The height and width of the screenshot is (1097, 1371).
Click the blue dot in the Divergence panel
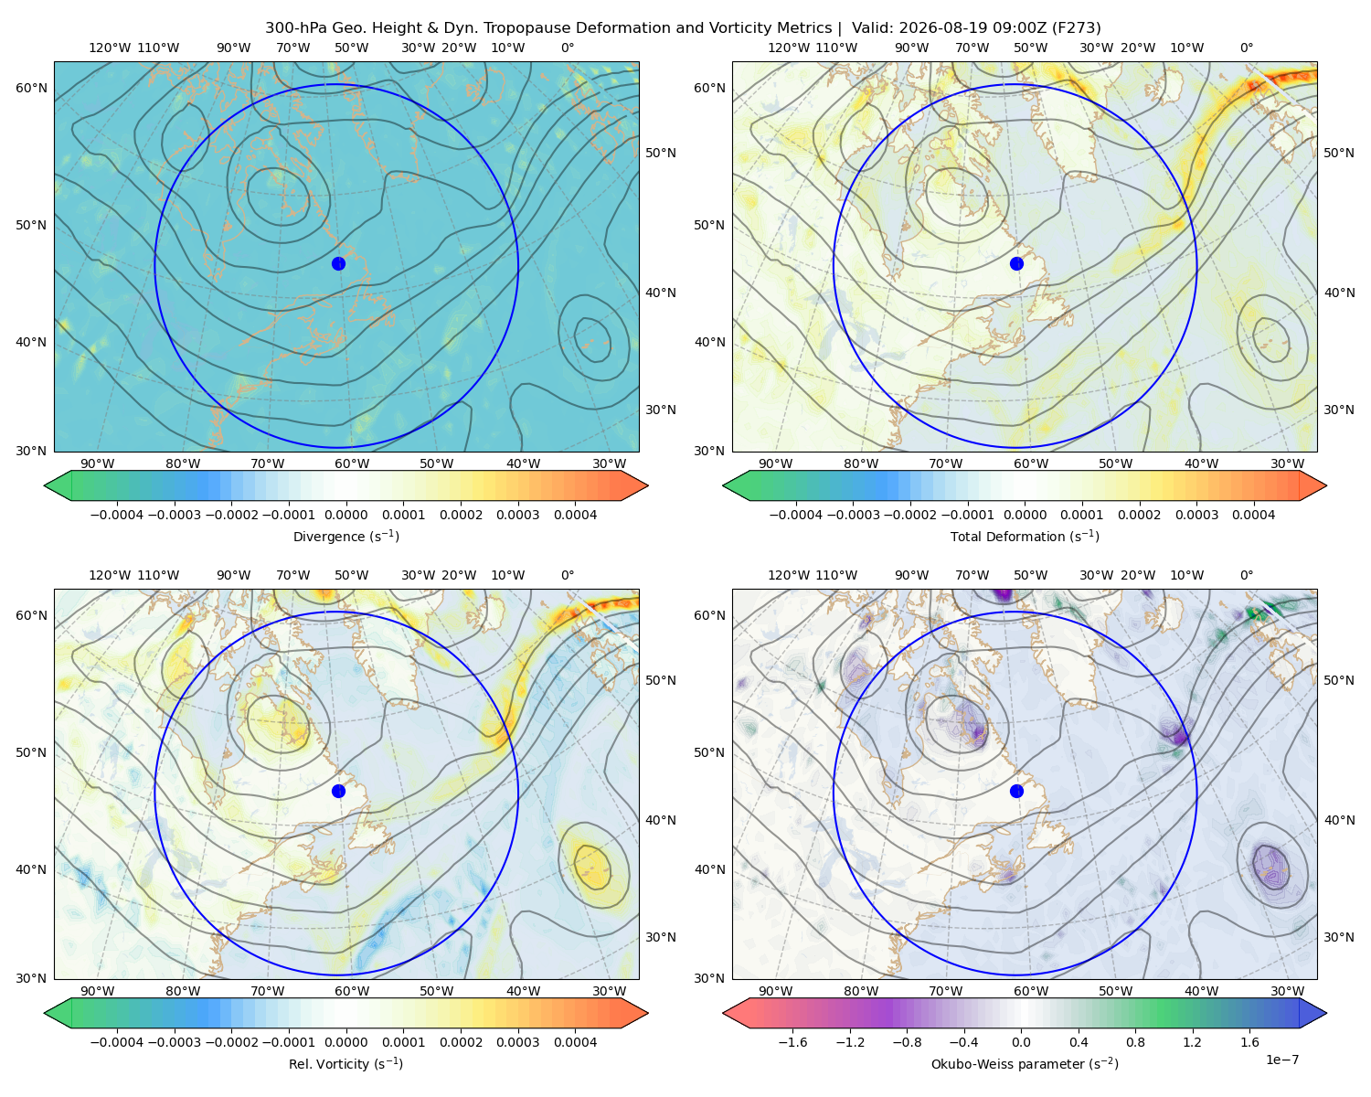(338, 264)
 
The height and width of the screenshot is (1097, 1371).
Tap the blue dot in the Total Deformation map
(1016, 264)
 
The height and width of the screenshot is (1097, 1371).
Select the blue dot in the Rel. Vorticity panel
(338, 791)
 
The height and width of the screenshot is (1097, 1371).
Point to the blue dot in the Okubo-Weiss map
(1016, 791)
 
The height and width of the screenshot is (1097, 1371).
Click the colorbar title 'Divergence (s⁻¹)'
(345, 537)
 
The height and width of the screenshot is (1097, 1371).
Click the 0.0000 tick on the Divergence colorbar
(345, 515)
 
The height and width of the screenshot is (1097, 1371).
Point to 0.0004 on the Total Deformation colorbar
(1254, 515)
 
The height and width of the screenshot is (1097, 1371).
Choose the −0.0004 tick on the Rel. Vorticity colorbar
(117, 1042)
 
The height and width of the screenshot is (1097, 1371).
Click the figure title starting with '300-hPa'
(683, 28)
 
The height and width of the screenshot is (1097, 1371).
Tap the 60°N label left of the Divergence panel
(31, 88)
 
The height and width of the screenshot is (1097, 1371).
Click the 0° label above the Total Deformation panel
(1246, 48)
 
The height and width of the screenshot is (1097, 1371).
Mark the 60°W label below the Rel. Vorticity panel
(352, 991)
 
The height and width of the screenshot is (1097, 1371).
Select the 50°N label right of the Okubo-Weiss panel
(1338, 680)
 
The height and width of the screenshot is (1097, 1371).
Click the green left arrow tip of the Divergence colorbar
(45, 485)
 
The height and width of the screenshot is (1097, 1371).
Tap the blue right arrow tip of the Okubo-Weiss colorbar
(1326, 1013)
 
